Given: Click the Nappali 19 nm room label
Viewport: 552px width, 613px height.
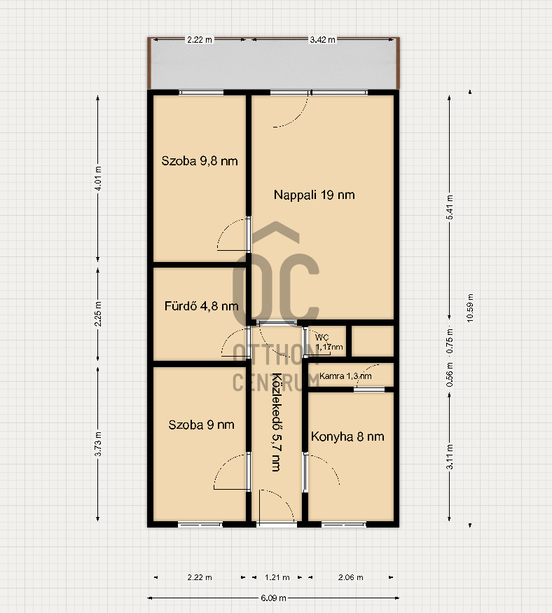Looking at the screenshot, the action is click(x=315, y=195).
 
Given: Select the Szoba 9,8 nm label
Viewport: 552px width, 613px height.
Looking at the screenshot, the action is click(x=200, y=160).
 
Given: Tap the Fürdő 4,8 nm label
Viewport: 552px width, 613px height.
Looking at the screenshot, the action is click(x=201, y=305).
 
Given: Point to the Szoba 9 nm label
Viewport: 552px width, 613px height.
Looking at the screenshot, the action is click(x=201, y=425).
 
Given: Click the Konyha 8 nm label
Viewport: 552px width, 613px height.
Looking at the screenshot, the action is click(x=347, y=436).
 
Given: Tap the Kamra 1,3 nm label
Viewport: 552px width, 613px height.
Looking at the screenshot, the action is click(x=345, y=376).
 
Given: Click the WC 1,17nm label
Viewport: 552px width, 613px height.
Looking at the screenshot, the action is click(x=329, y=342).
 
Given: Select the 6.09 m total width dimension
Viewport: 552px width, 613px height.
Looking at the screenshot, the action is click(x=273, y=598).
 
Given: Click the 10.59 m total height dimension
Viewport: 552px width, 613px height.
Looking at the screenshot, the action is click(x=470, y=308).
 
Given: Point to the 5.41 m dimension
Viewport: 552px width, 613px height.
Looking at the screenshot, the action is click(x=450, y=207).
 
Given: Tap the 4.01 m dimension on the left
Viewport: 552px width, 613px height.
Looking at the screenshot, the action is click(x=98, y=178).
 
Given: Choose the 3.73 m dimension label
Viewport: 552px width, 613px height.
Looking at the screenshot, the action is click(x=98, y=443).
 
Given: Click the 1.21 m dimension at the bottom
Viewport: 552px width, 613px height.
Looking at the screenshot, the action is click(x=277, y=577).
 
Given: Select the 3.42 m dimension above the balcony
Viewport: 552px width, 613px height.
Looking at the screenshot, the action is click(x=322, y=39).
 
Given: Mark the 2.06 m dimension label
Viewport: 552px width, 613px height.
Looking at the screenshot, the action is click(x=351, y=577).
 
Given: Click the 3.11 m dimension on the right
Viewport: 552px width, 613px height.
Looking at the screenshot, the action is click(x=450, y=457).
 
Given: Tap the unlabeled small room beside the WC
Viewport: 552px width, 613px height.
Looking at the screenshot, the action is click(x=373, y=341).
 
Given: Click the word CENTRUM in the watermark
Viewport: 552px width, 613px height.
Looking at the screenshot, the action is click(x=276, y=383).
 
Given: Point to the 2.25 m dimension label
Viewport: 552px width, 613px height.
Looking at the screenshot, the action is click(x=98, y=314).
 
